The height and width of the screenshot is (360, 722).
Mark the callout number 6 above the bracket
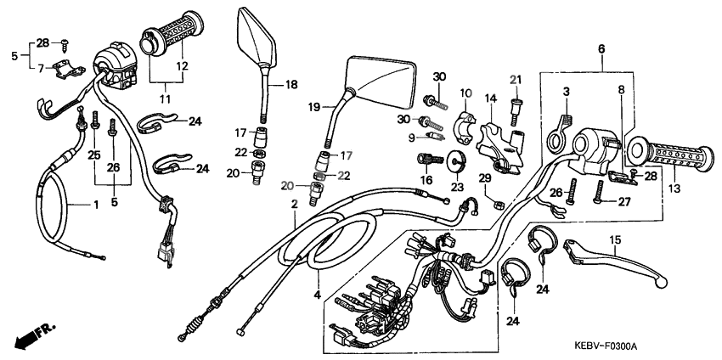tap(601, 50)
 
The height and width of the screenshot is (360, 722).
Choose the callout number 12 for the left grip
tap(181, 66)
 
